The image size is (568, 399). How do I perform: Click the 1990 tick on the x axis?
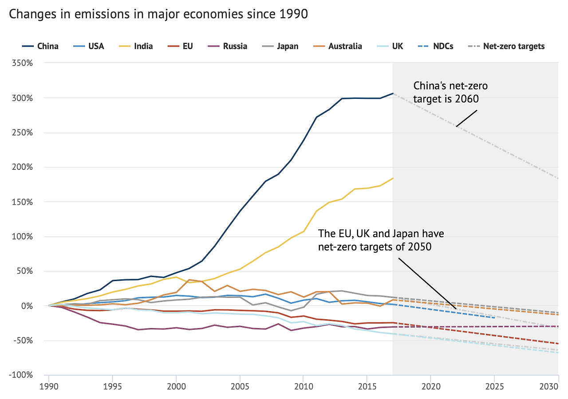[49, 387]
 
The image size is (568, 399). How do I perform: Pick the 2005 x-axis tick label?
[240, 387]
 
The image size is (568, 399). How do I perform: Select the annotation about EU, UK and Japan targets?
[381, 240]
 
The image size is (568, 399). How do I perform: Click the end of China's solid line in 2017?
[393, 93]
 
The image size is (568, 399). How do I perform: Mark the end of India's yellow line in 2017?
[393, 178]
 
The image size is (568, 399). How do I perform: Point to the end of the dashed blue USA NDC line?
[494, 317]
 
